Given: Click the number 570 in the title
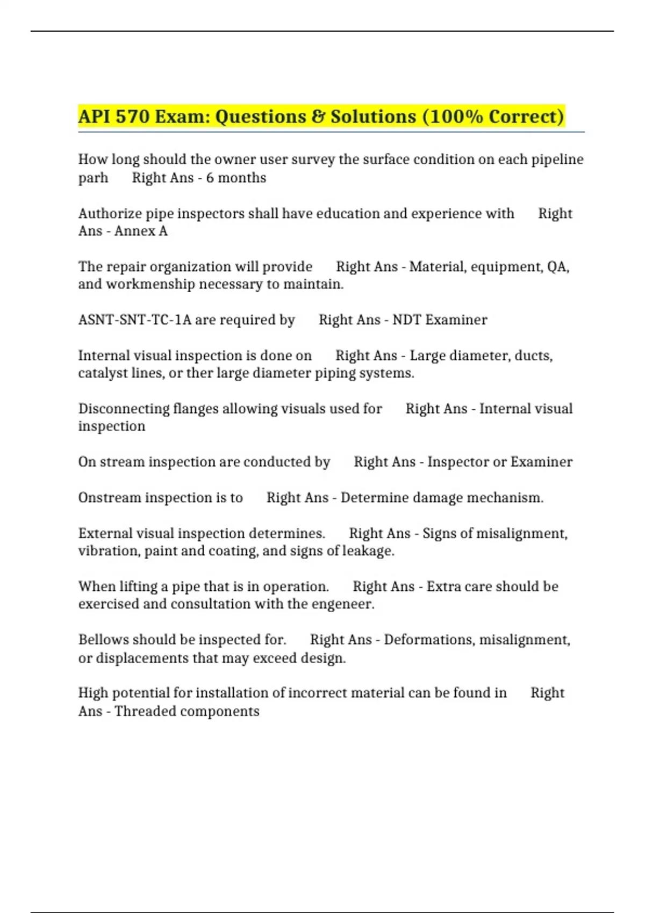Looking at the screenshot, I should coord(132,117).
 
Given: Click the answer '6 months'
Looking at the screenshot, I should coord(236,178).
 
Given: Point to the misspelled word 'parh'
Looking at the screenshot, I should coord(93,178).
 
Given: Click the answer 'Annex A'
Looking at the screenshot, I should coord(141,231).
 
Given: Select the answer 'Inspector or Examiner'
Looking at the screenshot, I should coord(500,462).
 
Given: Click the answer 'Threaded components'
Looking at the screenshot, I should coord(187,711).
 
